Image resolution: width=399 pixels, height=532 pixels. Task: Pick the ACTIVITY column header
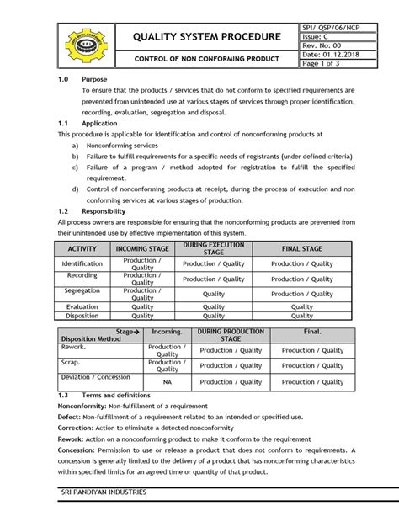(x=82, y=249)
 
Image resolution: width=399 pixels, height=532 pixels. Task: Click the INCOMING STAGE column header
(x=142, y=249)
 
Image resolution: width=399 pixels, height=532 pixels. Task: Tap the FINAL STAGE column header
(x=301, y=249)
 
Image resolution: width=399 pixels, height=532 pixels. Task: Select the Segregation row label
(x=82, y=291)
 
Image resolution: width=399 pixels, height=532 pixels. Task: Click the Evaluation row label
(x=82, y=306)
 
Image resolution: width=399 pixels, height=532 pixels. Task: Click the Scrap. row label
(x=71, y=362)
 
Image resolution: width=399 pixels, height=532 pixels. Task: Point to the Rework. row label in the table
(x=73, y=346)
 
